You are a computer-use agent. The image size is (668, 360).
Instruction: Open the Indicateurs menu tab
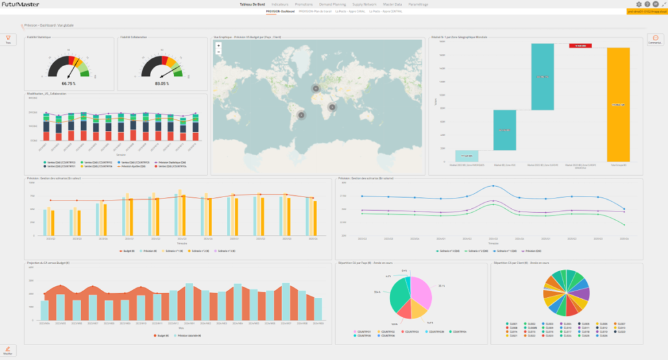tap(280, 5)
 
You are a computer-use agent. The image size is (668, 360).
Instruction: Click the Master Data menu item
tap(393, 5)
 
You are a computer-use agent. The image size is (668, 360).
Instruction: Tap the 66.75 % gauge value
tap(69, 84)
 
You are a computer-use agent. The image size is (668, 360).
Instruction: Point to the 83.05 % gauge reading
tap(161, 84)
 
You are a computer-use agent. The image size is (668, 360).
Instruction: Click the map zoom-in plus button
tap(219, 46)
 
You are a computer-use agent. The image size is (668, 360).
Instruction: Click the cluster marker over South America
tap(301, 115)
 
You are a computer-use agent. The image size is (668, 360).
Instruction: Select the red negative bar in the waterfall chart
tap(582, 45)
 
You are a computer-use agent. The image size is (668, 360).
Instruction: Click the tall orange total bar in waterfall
tap(618, 104)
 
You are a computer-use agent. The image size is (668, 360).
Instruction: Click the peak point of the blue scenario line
tap(493, 186)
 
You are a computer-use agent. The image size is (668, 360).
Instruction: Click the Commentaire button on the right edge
tap(656, 40)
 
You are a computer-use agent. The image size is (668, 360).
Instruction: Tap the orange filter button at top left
tap(8, 40)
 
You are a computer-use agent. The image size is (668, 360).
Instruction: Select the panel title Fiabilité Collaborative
tap(134, 37)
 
